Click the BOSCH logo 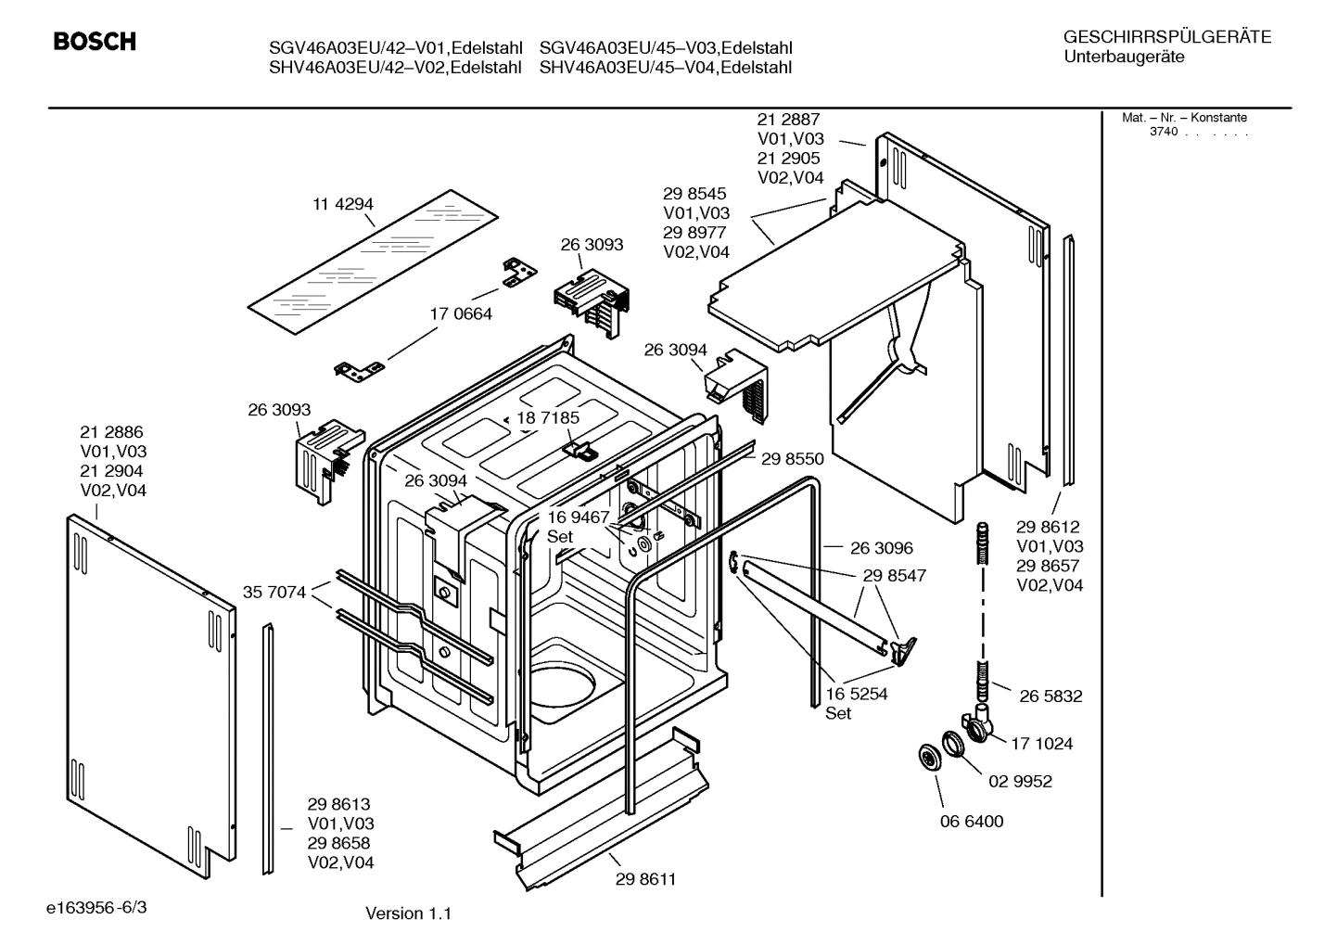[95, 42]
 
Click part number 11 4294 [343, 204]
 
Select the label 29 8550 [792, 458]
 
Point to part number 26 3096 [881, 548]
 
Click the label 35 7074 [274, 592]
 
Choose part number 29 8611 [645, 879]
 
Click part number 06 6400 [972, 821]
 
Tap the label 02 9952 [1020, 781]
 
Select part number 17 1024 [1041, 743]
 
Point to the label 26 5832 [1050, 696]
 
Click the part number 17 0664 [461, 313]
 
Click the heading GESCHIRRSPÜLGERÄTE [1167, 37]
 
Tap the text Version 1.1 [408, 913]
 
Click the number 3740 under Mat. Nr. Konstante [1164, 132]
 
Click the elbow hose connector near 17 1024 [975, 723]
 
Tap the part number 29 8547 [894, 575]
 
